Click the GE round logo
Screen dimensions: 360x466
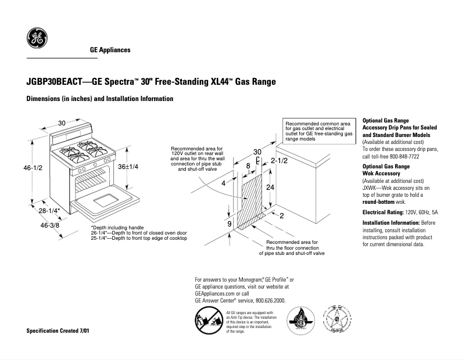tap(37, 38)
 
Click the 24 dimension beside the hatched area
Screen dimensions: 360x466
tap(270, 188)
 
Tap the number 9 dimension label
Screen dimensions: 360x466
tap(230, 223)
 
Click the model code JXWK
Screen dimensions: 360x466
tap(371, 188)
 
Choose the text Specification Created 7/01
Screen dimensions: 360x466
tap(58, 330)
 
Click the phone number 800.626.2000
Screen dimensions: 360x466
tap(270, 301)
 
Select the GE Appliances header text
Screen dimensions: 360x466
tap(110, 50)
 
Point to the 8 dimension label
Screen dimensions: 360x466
tap(248, 166)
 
